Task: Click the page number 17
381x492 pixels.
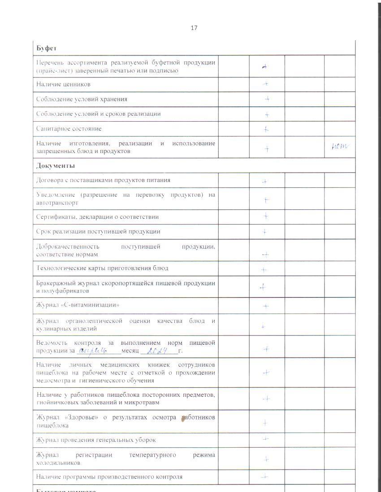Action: [x=194, y=28]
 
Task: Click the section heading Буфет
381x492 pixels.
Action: [x=46, y=48]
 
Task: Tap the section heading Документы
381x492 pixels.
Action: [x=56, y=165]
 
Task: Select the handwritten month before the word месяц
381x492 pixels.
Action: [x=95, y=351]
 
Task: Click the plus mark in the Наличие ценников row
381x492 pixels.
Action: [x=266, y=84]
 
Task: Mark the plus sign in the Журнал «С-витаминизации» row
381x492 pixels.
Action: [x=266, y=306]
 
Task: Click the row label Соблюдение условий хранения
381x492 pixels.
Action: [x=82, y=99]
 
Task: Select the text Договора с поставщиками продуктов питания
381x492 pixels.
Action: [x=103, y=180]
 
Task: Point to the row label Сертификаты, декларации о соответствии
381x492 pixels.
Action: [x=97, y=217]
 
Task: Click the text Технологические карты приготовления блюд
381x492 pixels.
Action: [x=102, y=268]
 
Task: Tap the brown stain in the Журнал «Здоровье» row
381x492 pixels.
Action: [x=183, y=419]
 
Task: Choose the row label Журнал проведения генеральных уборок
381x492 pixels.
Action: [x=96, y=440]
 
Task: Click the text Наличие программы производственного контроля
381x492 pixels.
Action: [x=109, y=477]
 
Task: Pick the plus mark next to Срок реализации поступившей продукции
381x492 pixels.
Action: [x=265, y=232]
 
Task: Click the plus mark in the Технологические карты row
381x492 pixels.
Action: [x=264, y=270]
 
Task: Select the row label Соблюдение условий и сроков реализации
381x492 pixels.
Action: [x=98, y=114]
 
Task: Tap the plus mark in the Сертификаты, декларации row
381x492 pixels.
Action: [x=266, y=216]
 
